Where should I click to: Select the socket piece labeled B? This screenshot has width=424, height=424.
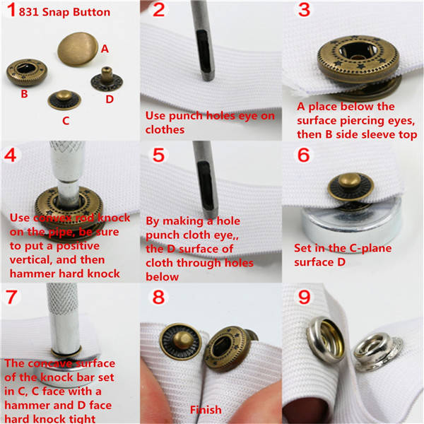(27, 72)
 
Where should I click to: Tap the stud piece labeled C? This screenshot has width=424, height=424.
(64, 100)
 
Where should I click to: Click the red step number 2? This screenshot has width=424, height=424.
(158, 10)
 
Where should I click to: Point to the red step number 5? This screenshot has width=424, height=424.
(158, 155)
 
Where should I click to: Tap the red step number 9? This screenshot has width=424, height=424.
(304, 298)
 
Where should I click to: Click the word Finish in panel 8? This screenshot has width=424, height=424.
(206, 410)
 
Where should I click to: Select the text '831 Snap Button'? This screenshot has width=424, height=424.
(64, 13)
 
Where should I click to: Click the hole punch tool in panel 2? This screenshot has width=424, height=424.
(205, 40)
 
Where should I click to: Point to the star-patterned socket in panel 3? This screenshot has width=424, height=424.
(358, 59)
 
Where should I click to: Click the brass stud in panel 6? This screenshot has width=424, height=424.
(351, 187)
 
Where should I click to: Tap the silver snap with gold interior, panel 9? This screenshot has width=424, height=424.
(325, 340)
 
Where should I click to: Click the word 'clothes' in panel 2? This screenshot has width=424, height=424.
(165, 130)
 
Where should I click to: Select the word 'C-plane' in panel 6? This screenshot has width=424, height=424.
(370, 248)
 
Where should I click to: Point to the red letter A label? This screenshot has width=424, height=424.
(105, 49)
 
